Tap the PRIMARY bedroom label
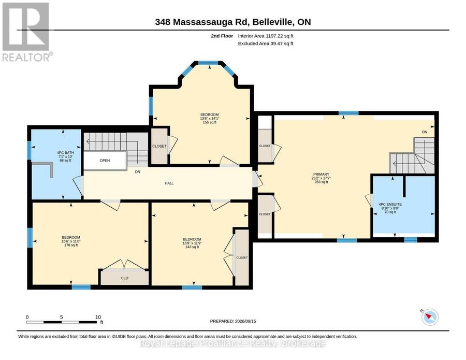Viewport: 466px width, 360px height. [321, 174]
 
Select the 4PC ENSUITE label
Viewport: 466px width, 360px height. [390, 205]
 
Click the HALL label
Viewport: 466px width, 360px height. [169, 183]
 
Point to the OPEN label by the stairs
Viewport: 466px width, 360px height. [105, 161]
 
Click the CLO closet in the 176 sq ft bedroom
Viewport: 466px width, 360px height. [124, 278]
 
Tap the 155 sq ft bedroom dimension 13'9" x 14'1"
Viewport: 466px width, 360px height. [210, 118]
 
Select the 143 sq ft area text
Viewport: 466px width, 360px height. [192, 247]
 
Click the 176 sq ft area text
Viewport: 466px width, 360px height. [71, 245]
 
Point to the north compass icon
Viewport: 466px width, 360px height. [430, 318]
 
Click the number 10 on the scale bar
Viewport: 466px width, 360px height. [98, 317]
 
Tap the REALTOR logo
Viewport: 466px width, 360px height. [26, 32]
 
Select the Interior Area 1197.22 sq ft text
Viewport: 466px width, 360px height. [266, 36]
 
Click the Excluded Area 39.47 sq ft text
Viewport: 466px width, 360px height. [266, 44]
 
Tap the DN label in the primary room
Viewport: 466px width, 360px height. [425, 132]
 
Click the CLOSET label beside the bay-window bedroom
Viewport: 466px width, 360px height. [159, 146]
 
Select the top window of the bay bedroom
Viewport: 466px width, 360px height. [208, 63]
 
